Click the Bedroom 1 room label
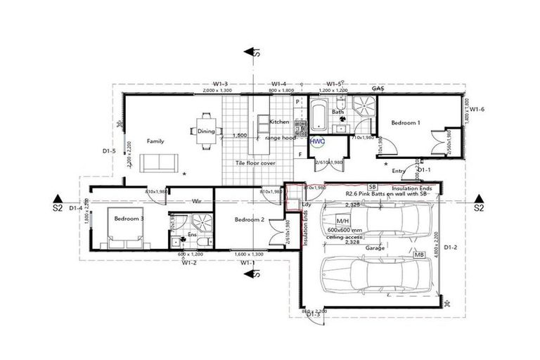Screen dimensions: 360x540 pyautogui.click(x=405, y=122)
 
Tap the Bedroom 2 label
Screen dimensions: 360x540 pyautogui.click(x=249, y=220)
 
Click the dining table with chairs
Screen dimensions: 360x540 pyautogui.click(x=206, y=131)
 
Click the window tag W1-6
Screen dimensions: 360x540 pyautogui.click(x=478, y=109)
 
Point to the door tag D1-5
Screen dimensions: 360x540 pyautogui.click(x=108, y=150)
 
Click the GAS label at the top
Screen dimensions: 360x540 pyautogui.click(x=378, y=89)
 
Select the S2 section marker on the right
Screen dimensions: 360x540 pyautogui.click(x=479, y=208)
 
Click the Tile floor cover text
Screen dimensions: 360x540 pyautogui.click(x=255, y=163)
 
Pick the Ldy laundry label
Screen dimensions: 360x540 pyautogui.click(x=306, y=205)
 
